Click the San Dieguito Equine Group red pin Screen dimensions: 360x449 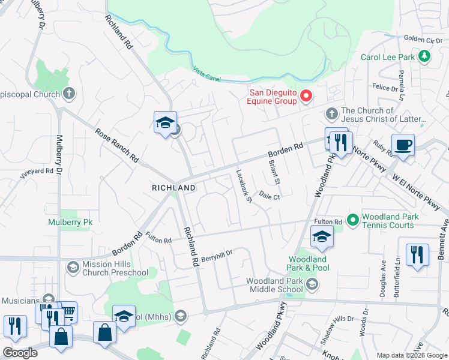[306, 95]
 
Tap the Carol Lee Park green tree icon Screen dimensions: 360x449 [424, 57]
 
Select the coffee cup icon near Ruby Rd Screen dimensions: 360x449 [403, 145]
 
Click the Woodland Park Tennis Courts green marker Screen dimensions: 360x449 [352, 220]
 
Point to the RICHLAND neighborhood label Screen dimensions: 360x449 [173, 188]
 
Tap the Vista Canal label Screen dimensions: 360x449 [207, 74]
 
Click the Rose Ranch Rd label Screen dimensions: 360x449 [117, 146]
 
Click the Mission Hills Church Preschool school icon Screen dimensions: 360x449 [73, 267]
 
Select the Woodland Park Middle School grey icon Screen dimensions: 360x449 [312, 283]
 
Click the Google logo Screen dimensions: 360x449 [20, 353]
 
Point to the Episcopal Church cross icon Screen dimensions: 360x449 [70, 94]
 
